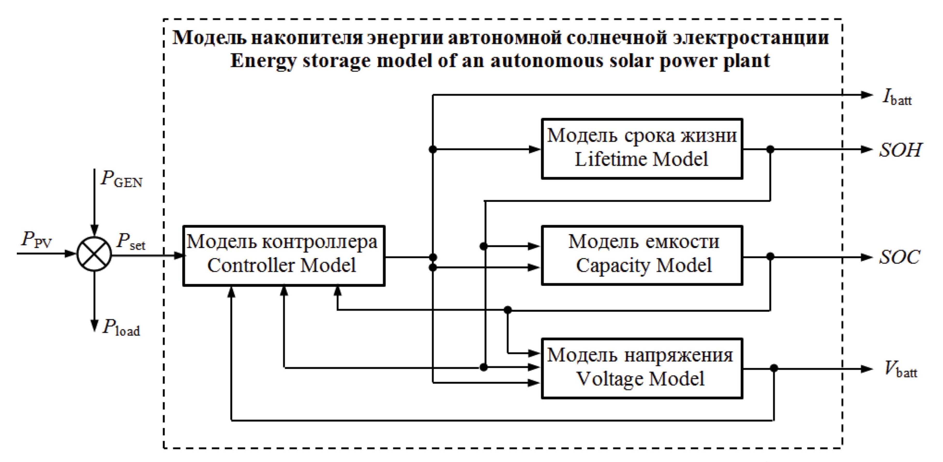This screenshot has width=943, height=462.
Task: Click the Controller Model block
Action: tap(283, 255)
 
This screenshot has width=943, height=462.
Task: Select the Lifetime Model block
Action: tap(642, 149)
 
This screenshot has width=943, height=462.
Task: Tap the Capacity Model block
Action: tap(642, 255)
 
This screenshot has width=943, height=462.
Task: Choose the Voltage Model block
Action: tap(642, 368)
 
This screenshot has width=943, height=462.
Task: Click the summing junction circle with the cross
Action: tap(94, 254)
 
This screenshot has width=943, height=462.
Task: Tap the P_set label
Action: tap(131, 242)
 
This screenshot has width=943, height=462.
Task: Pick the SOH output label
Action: tap(900, 150)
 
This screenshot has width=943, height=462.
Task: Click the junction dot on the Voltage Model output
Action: tap(774, 368)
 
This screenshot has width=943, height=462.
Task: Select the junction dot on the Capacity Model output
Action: tap(770, 256)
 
